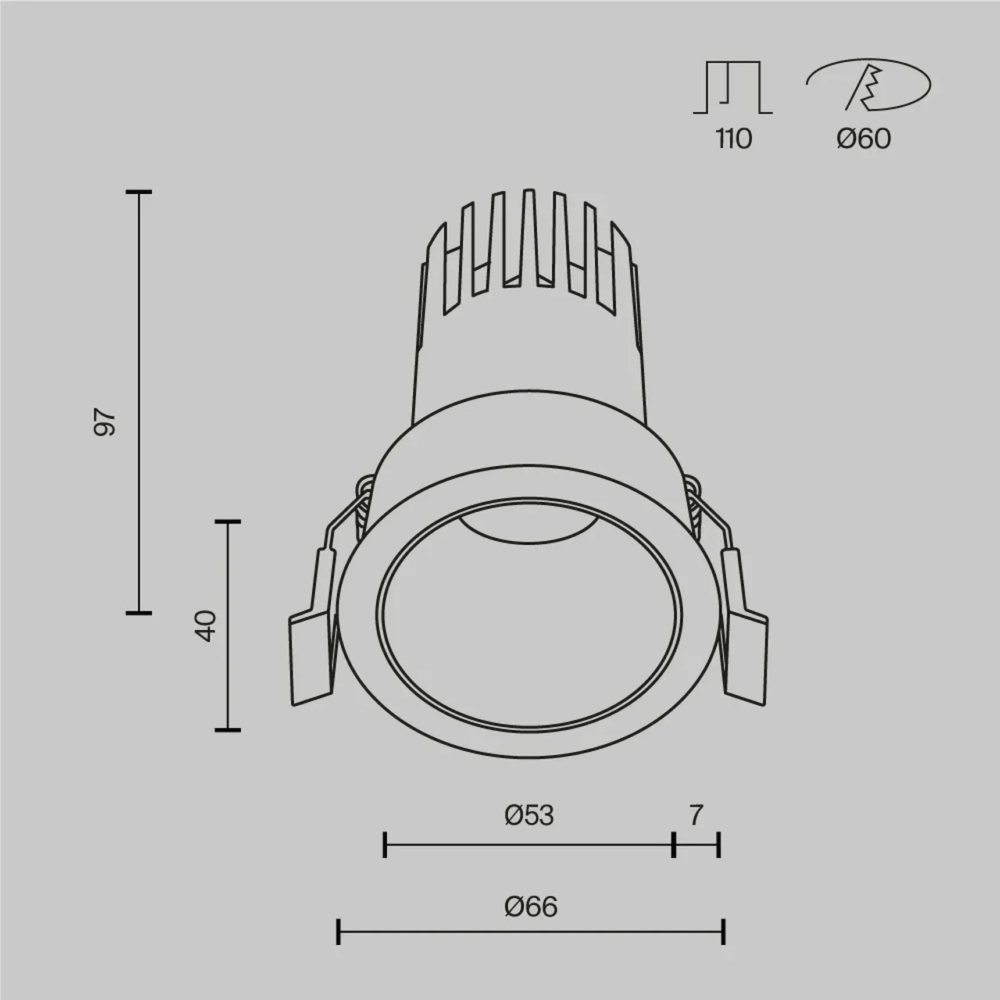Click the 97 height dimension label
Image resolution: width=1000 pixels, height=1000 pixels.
tap(105, 423)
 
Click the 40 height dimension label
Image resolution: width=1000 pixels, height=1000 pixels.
tap(206, 626)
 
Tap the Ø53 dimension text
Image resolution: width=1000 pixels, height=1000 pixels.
tap(529, 815)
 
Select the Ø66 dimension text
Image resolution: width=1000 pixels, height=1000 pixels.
tap(531, 906)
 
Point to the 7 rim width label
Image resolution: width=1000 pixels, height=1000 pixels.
tap(696, 815)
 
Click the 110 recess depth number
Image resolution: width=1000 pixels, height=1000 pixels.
tap(733, 139)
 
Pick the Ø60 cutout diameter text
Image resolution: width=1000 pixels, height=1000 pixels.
tap(863, 139)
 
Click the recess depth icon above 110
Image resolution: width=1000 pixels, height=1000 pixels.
tap(733, 87)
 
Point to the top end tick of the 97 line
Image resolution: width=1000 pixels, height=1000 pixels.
tap(139, 192)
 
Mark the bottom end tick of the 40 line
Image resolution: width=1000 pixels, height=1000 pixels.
tap(227, 729)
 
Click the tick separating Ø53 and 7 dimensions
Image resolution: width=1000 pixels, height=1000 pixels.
tap(673, 845)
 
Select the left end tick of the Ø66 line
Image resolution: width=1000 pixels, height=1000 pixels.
tap(338, 931)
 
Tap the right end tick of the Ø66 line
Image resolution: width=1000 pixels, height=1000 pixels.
tap(723, 931)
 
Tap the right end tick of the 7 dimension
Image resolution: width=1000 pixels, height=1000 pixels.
tap(719, 845)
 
